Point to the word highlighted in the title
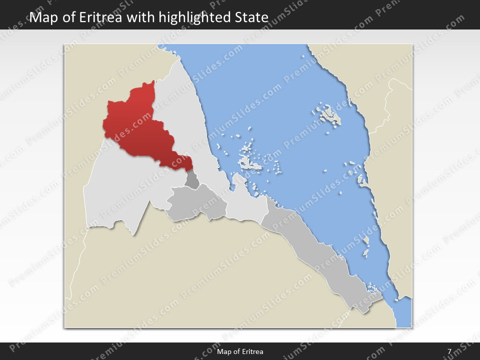coord(194,17)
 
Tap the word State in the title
coord(251,17)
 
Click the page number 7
coord(449,351)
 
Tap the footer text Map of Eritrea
coord(240,351)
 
